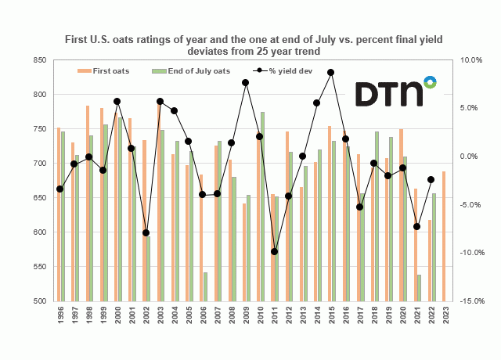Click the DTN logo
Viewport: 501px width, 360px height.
point(395,92)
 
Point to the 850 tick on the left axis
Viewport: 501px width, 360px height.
point(38,60)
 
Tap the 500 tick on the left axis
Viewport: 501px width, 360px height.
point(38,301)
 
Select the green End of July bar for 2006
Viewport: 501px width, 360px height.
point(206,286)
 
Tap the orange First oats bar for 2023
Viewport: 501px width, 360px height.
point(444,236)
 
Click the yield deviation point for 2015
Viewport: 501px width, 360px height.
point(331,72)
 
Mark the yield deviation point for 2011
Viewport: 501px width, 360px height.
point(274,251)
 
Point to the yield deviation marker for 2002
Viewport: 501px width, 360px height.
point(146,233)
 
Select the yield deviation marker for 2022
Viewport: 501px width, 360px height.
point(431,180)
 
